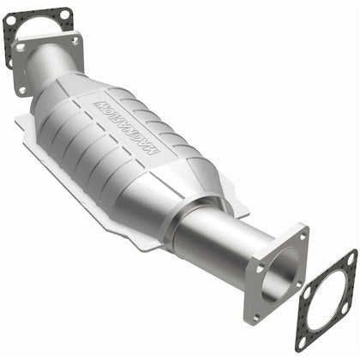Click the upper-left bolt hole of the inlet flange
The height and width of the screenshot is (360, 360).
pyautogui.click(x=21, y=47)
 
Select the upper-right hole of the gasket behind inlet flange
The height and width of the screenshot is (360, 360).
pyautogui.click(x=63, y=12)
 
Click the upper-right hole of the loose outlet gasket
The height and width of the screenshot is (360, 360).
pyautogui.click(x=349, y=258)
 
